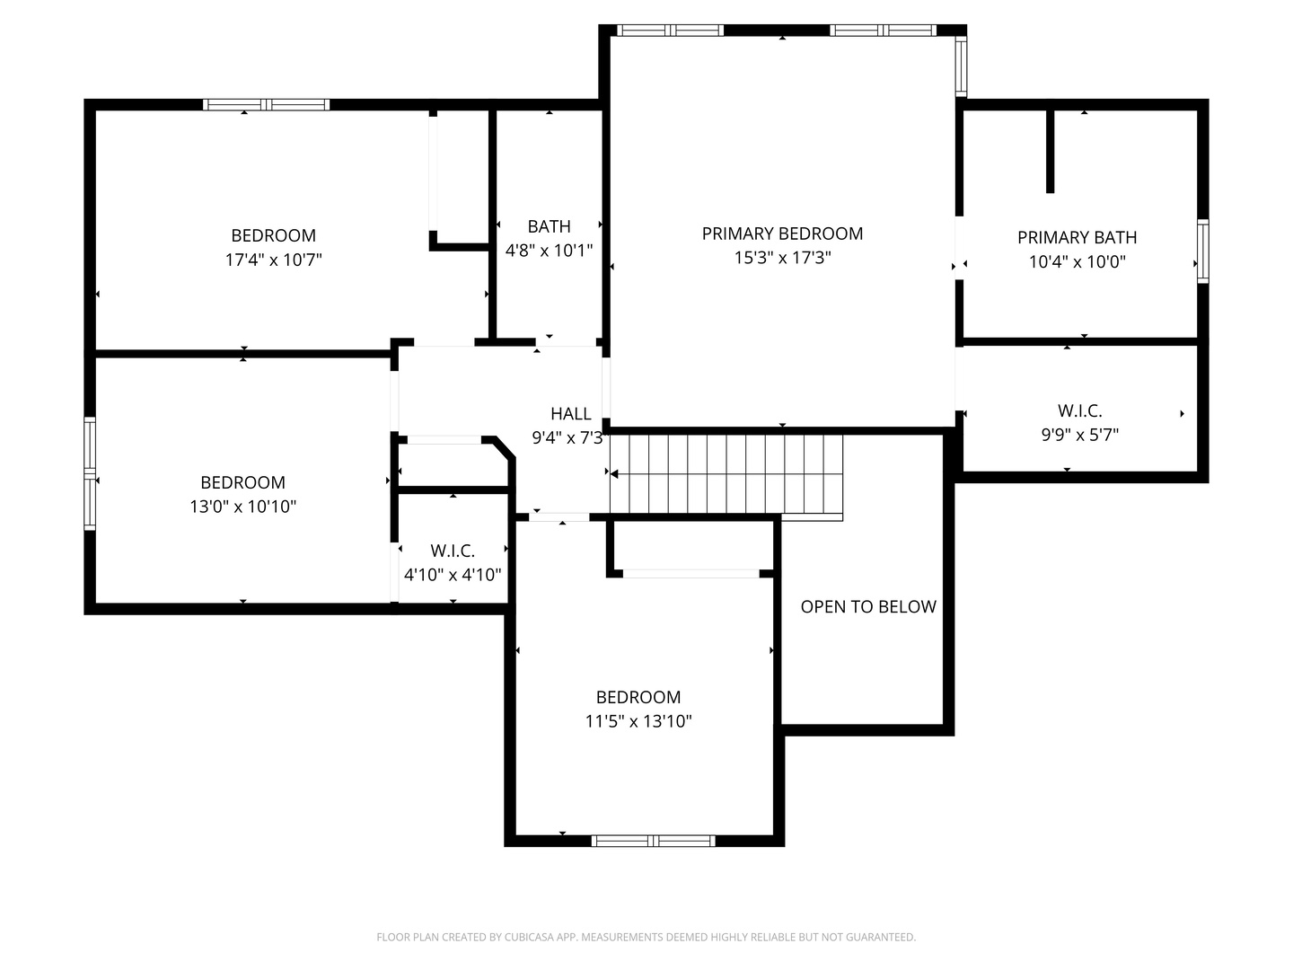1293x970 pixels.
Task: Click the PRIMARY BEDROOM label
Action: pos(782,234)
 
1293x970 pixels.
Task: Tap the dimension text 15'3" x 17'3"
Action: pos(782,258)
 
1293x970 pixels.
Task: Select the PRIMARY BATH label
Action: pos(1077,237)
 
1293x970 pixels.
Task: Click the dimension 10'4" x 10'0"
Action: pos(1077,262)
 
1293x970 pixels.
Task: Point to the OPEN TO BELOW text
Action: pos(868,607)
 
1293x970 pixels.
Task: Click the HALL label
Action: pos(571,414)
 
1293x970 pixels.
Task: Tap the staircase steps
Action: pos(727,473)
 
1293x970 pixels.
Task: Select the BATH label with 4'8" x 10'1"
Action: pos(549,226)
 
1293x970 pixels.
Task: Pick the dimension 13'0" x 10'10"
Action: pos(242,507)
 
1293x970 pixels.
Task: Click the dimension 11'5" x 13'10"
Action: pos(638,721)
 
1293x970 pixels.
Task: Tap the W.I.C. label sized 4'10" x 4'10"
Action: pos(453,551)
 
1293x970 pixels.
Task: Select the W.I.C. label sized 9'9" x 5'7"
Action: pos(1079,410)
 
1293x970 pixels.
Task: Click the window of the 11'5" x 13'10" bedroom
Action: pos(654,841)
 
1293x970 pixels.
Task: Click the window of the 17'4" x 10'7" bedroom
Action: pos(267,104)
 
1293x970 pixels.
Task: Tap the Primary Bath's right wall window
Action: pos(1202,251)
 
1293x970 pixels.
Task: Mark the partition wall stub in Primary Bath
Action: pos(1050,151)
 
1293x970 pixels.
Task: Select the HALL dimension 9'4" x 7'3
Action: pos(567,438)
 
